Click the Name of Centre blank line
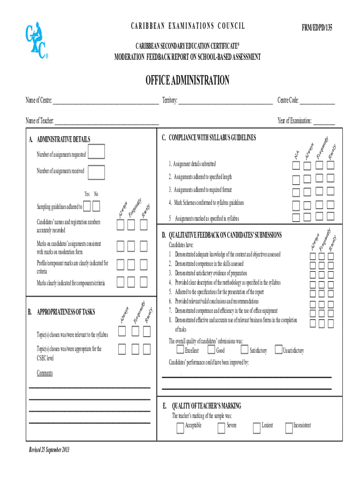(106, 101)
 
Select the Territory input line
(225, 101)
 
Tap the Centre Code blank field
(317, 101)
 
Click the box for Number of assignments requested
(96, 153)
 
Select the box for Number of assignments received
(96, 172)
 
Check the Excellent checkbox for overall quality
(180, 350)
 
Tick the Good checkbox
(211, 350)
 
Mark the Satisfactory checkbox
(245, 350)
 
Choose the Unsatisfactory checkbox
(278, 350)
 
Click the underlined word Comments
(45, 373)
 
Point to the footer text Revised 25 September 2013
(49, 450)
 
